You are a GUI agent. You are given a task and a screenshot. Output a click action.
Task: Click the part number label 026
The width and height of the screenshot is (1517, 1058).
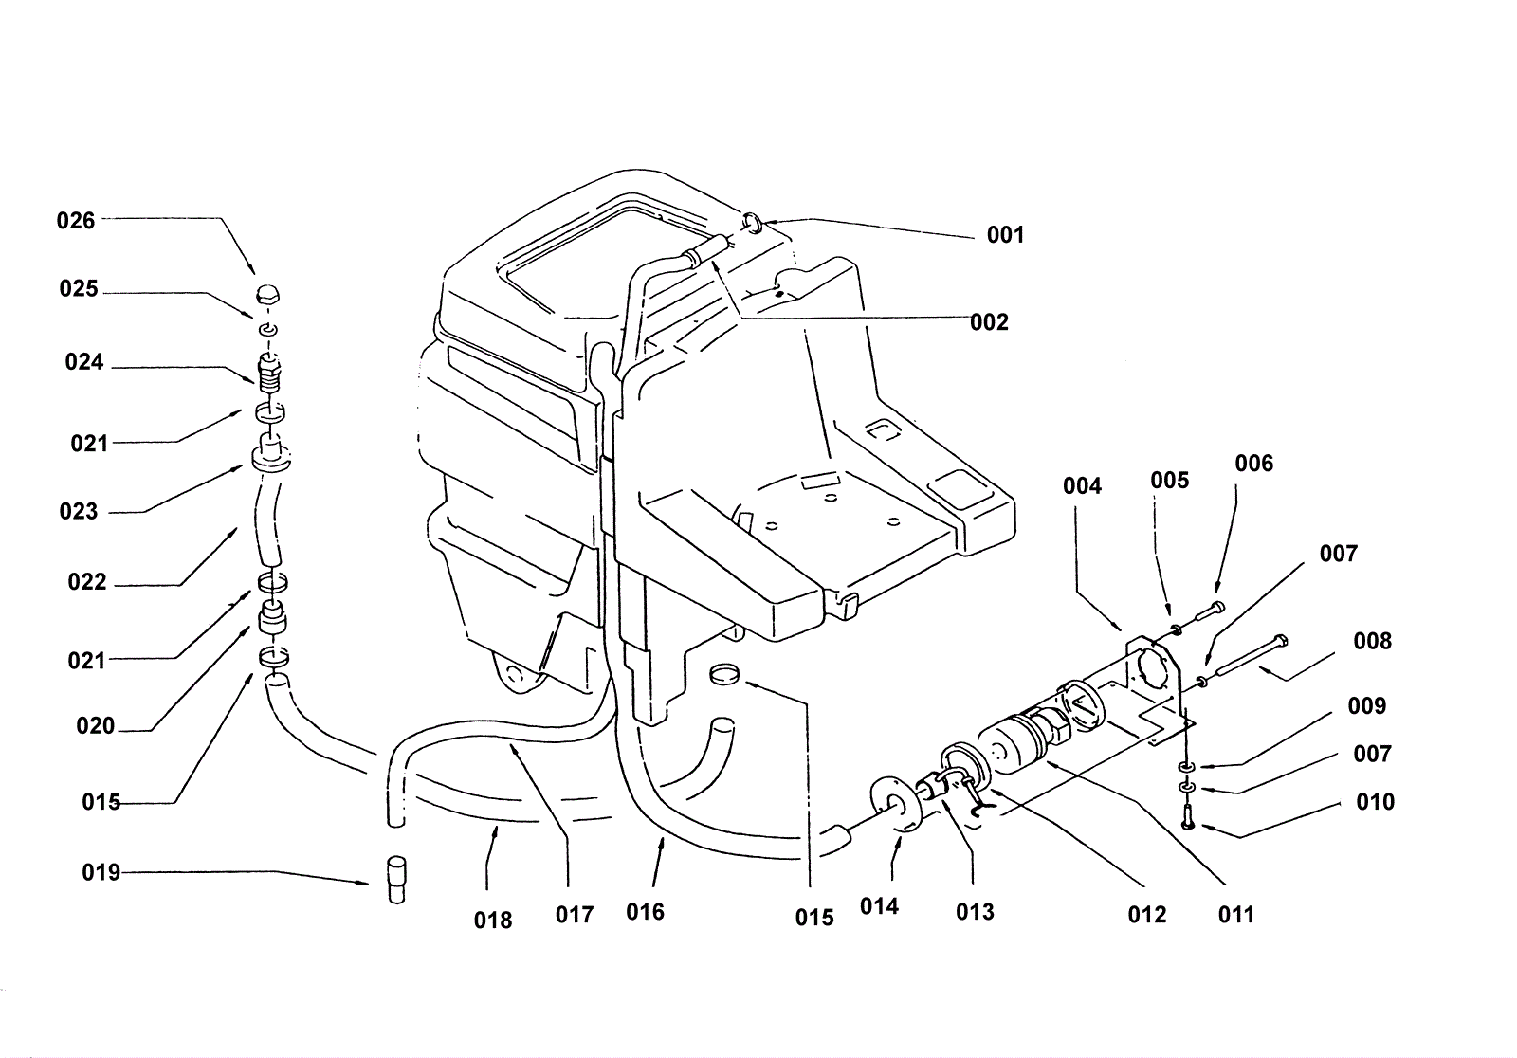76,221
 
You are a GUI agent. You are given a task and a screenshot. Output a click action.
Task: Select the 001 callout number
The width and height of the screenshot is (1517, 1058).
1006,235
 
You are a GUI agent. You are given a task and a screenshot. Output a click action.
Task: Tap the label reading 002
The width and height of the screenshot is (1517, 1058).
990,322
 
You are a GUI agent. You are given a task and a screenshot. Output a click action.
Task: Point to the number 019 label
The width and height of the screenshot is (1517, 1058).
101,872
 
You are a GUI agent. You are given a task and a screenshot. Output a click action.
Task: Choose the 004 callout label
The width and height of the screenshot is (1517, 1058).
1082,485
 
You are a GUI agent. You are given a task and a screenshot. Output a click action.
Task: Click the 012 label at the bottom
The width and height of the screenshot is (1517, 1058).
1147,915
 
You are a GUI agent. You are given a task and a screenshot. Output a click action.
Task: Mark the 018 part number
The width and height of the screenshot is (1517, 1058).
493,921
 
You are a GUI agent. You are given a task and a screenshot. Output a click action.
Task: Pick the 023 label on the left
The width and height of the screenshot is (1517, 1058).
79,511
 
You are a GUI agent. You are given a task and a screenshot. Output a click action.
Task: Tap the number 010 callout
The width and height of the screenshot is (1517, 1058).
1376,802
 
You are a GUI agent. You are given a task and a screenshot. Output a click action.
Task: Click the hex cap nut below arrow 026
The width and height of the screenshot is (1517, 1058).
268,296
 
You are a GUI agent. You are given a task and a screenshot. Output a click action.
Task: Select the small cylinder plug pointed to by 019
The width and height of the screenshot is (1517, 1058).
396,880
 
